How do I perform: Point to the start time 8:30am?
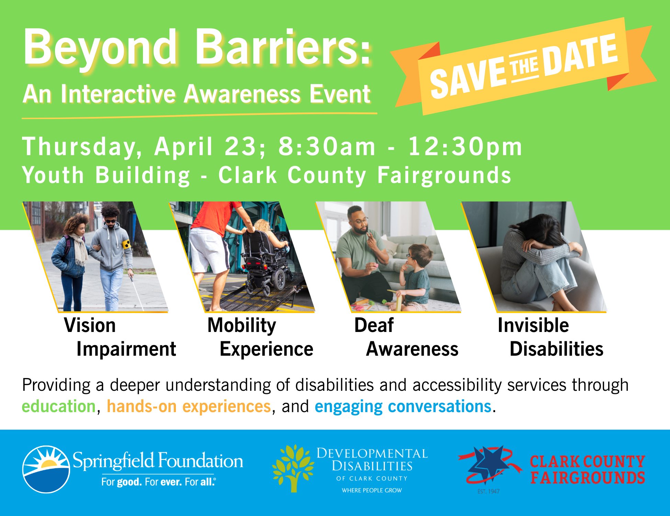pyautogui.click(x=327, y=147)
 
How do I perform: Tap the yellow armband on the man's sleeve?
pyautogui.click(x=127, y=245)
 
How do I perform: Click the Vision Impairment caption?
pyautogui.click(x=120, y=337)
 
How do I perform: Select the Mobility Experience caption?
pyautogui.click(x=260, y=337)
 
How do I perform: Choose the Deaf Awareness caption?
pyautogui.click(x=406, y=337)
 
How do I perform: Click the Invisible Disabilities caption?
pyautogui.click(x=550, y=337)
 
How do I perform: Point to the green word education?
pyautogui.click(x=59, y=406)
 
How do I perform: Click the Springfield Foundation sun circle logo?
pyautogui.click(x=46, y=469)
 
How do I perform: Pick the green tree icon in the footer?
pyautogui.click(x=293, y=468)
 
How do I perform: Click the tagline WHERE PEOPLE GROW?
pyautogui.click(x=372, y=490)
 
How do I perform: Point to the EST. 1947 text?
pyautogui.click(x=488, y=491)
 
